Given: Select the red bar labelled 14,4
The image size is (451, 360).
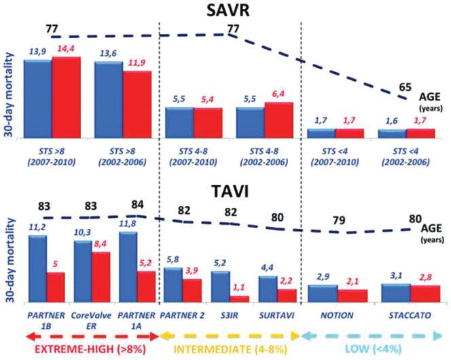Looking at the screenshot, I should pyautogui.click(x=66, y=98).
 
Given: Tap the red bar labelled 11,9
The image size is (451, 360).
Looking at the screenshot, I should pyautogui.click(x=137, y=105).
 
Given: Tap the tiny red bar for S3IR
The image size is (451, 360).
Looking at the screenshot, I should pyautogui.click(x=238, y=298).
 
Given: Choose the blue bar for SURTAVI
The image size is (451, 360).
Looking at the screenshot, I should pyautogui.click(x=268, y=289).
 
